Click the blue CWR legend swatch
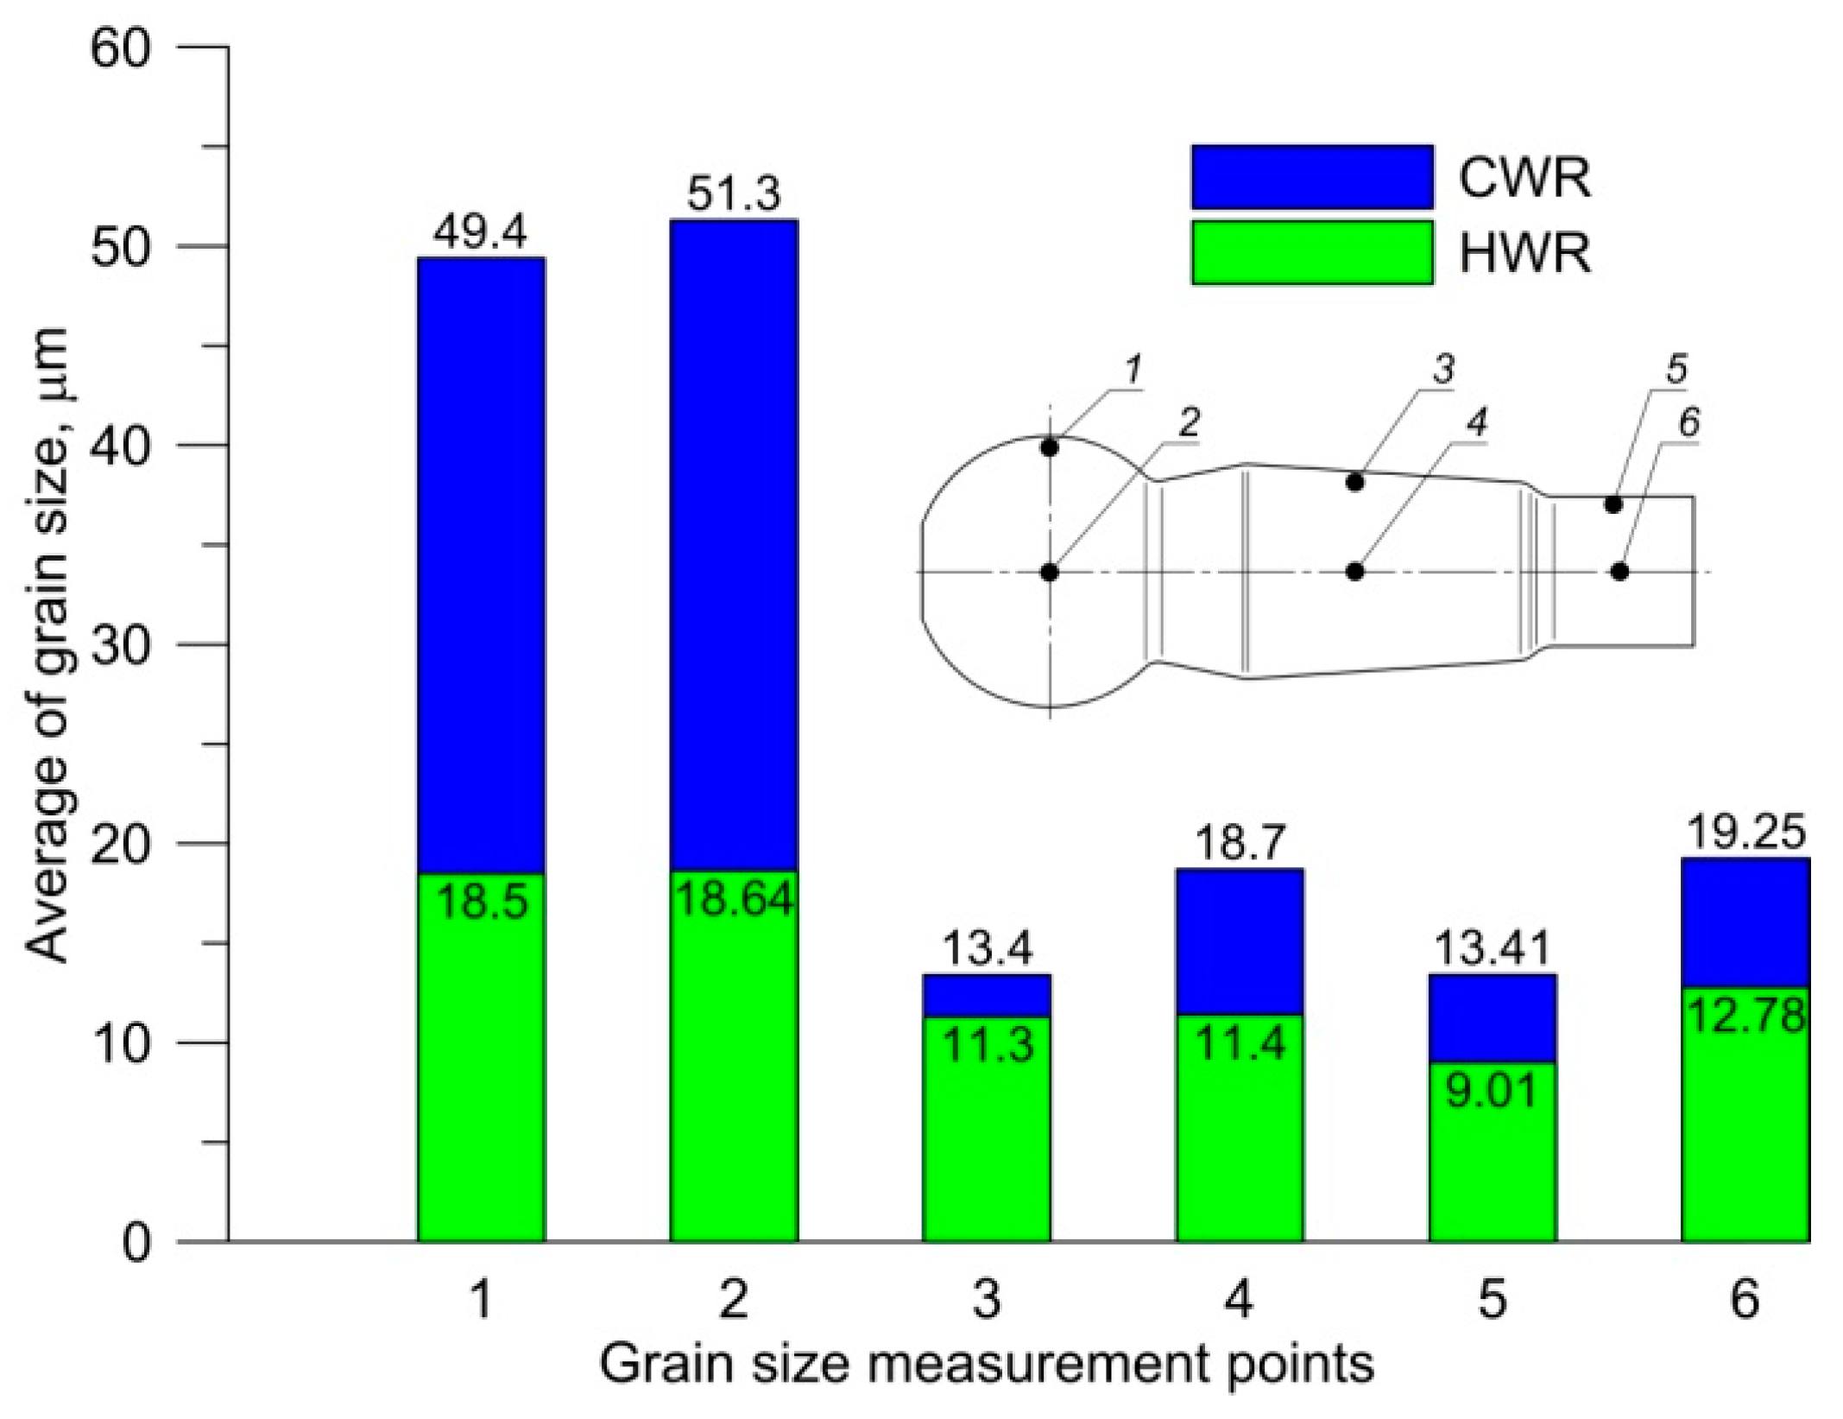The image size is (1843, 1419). pyautogui.click(x=1311, y=177)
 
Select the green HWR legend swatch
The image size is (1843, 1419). pyautogui.click(x=1311, y=252)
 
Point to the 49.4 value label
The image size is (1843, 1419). pyautogui.click(x=480, y=232)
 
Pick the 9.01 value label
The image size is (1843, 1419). pyautogui.click(x=1492, y=1090)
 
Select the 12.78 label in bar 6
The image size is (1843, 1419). pyautogui.click(x=1745, y=1016)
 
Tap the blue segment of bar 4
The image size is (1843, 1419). pyautogui.click(x=1239, y=941)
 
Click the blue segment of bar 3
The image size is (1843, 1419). pyautogui.click(x=987, y=996)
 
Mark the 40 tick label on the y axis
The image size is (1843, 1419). pyautogui.click(x=122, y=446)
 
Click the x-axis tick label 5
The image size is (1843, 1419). pyautogui.click(x=1492, y=1298)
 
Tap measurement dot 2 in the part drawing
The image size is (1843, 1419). pyautogui.click(x=1049, y=572)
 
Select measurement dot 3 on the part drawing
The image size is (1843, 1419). pyautogui.click(x=1354, y=482)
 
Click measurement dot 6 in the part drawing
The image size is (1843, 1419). pyautogui.click(x=1619, y=571)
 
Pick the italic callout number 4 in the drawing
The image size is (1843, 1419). pyautogui.click(x=1477, y=423)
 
